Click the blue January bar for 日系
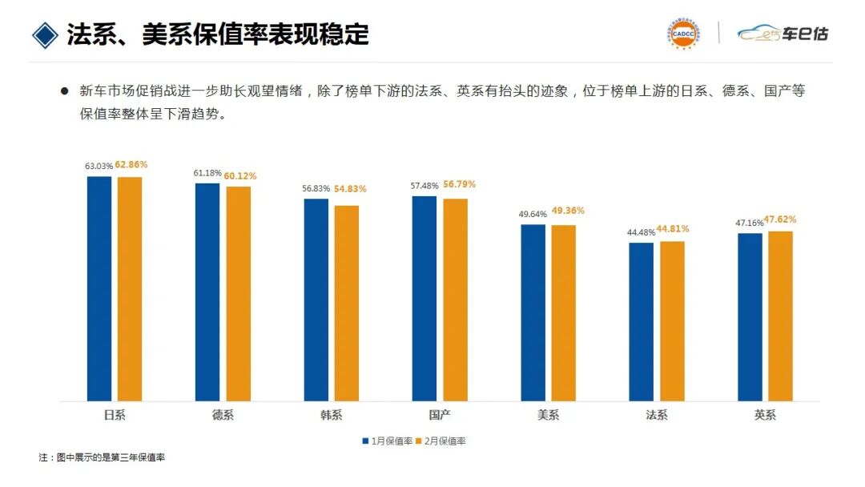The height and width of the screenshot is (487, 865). [99, 288]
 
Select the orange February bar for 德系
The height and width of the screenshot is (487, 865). [238, 293]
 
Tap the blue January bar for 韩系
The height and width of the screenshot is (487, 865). [316, 300]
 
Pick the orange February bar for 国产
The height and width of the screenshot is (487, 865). [455, 300]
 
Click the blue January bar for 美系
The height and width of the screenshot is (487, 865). [533, 312]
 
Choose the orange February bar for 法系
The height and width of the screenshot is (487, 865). [672, 320]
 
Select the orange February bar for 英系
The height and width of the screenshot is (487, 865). [780, 316]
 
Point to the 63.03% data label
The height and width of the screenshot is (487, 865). [99, 166]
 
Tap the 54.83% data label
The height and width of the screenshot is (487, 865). [351, 189]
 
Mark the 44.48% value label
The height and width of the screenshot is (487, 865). [642, 232]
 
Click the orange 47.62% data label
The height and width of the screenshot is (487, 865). [780, 219]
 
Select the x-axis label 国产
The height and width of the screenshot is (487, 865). [440, 415]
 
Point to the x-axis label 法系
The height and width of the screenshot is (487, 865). [657, 415]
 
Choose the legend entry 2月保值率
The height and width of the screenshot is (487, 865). [445, 441]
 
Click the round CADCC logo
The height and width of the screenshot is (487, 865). [682, 34]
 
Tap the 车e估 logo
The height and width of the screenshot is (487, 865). [783, 34]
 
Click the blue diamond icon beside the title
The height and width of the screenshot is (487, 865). [46, 34]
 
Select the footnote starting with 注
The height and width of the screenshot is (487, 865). [102, 457]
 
